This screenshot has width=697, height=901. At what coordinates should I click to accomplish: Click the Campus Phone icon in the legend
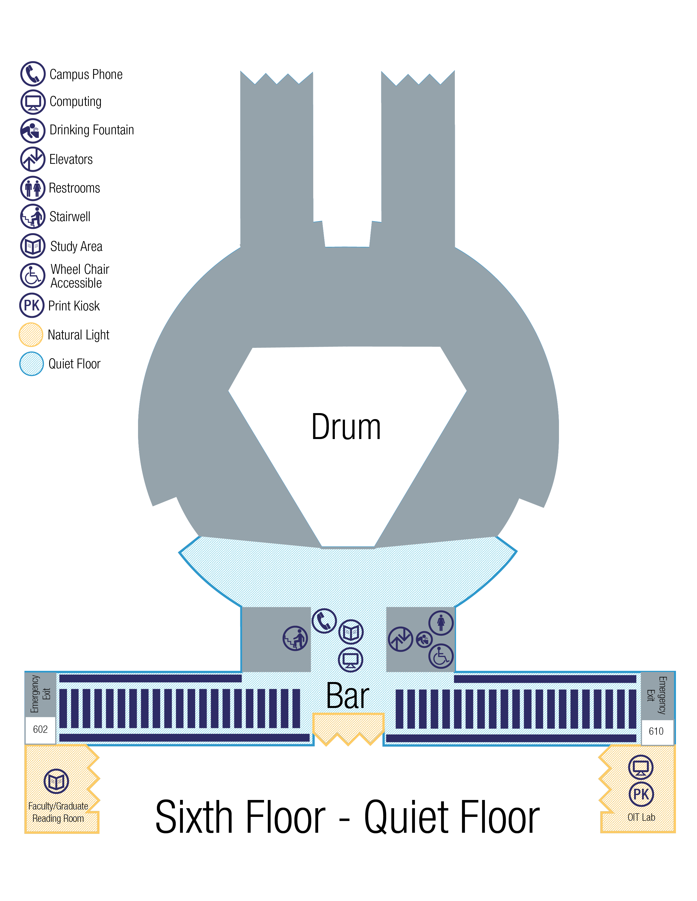(x=33, y=74)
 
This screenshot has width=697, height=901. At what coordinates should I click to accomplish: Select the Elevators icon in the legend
(x=33, y=159)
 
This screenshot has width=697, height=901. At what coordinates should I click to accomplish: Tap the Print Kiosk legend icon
(x=32, y=305)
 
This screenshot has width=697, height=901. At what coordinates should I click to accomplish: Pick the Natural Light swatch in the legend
(x=31, y=334)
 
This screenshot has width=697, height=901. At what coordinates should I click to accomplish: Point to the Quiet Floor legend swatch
(x=31, y=363)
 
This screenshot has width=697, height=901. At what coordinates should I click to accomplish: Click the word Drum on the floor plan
(x=346, y=427)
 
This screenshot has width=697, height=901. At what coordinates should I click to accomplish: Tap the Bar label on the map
(x=347, y=696)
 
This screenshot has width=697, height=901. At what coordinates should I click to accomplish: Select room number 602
(x=40, y=729)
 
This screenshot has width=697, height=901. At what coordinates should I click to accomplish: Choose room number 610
(x=656, y=731)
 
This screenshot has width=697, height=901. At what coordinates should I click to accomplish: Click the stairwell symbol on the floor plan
(x=295, y=638)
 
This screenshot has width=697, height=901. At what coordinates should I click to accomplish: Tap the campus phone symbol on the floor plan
(x=324, y=621)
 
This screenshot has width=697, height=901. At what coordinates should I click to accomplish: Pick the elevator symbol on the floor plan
(x=400, y=639)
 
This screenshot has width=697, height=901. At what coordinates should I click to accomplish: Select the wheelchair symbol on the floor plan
(x=441, y=656)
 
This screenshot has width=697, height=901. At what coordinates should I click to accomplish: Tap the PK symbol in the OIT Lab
(x=641, y=794)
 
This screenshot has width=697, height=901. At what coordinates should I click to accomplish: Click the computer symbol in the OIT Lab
(x=641, y=767)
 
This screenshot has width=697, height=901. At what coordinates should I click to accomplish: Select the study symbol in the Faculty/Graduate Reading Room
(x=56, y=781)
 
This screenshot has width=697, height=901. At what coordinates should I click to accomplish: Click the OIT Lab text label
(x=641, y=817)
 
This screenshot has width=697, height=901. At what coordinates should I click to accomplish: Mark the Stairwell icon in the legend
(x=33, y=216)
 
